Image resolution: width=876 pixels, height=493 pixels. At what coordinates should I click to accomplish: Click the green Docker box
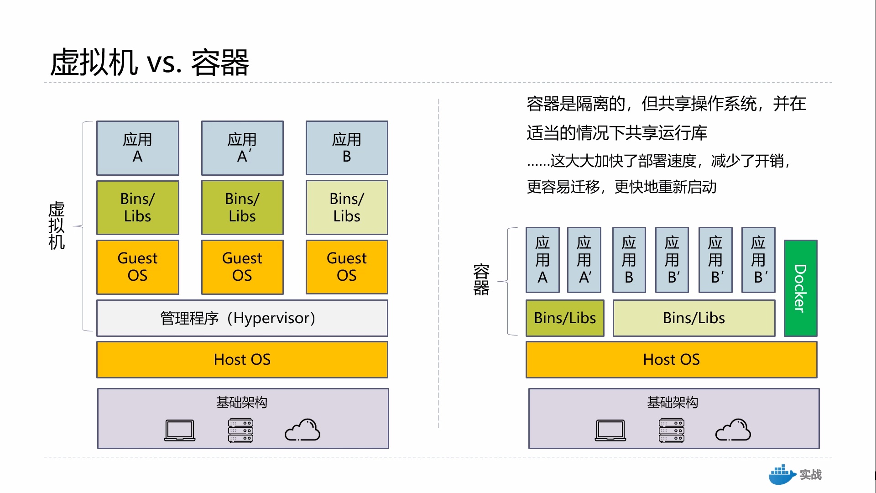800,288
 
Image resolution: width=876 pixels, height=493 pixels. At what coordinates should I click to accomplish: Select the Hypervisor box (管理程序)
242,318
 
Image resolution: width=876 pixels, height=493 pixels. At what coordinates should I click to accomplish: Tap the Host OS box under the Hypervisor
242,360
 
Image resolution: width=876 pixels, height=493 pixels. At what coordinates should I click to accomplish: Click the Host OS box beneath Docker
671,360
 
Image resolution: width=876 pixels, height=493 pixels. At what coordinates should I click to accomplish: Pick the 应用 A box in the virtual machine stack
137,148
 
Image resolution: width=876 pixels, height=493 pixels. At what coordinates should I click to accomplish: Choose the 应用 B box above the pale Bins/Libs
347,148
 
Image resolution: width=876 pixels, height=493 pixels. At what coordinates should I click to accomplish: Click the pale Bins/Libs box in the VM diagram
347,207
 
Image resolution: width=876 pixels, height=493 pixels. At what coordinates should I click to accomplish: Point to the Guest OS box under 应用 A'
242,267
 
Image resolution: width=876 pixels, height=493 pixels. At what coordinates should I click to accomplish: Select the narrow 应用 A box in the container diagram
542,260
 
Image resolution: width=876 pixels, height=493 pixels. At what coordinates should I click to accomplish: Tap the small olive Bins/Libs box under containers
565,318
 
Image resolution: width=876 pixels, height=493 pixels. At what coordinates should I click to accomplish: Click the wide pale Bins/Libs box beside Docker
693,318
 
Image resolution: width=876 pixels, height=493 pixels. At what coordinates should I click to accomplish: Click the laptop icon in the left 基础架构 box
180,430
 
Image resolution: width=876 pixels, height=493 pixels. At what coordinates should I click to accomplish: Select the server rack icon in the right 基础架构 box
672,430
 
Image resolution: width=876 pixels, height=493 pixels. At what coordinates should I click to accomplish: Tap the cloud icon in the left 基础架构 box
302,430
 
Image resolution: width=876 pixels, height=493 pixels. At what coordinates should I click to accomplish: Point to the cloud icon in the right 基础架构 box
733,430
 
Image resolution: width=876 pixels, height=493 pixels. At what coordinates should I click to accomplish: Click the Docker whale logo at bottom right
782,475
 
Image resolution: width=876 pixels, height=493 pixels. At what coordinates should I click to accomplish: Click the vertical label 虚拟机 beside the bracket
57,226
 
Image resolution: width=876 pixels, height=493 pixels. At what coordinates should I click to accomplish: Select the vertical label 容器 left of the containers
481,279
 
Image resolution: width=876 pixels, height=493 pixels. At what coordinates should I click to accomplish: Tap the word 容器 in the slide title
220,63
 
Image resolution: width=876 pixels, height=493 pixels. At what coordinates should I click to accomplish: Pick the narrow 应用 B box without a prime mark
629,260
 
